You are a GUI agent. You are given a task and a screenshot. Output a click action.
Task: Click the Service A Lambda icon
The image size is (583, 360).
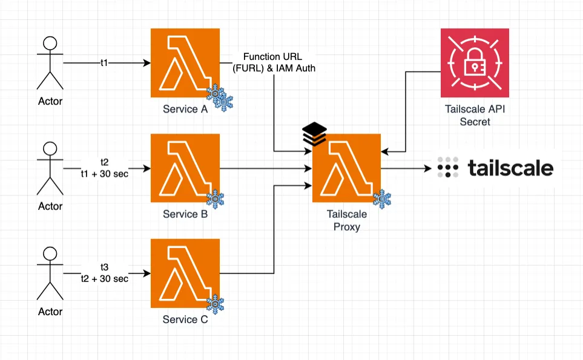pyautogui.click(x=185, y=63)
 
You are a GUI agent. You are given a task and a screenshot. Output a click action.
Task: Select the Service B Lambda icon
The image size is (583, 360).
pyautogui.click(x=185, y=169)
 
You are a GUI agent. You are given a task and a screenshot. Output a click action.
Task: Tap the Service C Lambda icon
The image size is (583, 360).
pyautogui.click(x=185, y=273)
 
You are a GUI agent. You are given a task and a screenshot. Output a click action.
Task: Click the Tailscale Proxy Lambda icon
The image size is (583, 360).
pyautogui.click(x=346, y=168)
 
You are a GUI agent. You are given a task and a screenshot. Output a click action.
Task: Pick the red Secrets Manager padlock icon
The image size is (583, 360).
pyautogui.click(x=475, y=64)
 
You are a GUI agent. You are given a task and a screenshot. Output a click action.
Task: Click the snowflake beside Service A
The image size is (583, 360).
pyautogui.click(x=220, y=98)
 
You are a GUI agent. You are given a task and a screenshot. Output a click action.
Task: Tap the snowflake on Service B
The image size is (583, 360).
pyautogui.click(x=216, y=198)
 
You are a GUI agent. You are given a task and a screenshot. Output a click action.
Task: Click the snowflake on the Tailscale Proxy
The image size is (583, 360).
pyautogui.click(x=382, y=199)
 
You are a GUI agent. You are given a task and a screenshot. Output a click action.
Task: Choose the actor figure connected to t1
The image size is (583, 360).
pyautogui.click(x=50, y=63)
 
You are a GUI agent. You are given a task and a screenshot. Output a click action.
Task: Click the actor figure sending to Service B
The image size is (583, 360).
pyautogui.click(x=50, y=168)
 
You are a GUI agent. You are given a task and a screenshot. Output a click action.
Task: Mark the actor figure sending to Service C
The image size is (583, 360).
pyautogui.click(x=50, y=273)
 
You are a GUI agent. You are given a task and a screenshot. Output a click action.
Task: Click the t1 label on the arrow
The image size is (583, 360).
pyautogui.click(x=104, y=62)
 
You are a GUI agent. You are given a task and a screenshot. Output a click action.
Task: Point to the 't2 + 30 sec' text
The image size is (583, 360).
pyautogui.click(x=104, y=279)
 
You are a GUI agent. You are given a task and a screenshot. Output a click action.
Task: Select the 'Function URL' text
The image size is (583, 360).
pyautogui.click(x=274, y=57)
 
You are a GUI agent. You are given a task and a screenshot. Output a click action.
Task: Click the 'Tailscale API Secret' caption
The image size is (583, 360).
pyautogui.click(x=475, y=116)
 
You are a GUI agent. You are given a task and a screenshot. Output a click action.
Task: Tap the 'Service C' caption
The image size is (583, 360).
pyautogui.click(x=185, y=319)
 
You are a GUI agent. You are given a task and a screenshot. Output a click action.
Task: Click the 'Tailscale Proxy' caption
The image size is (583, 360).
pyautogui.click(x=344, y=221)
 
